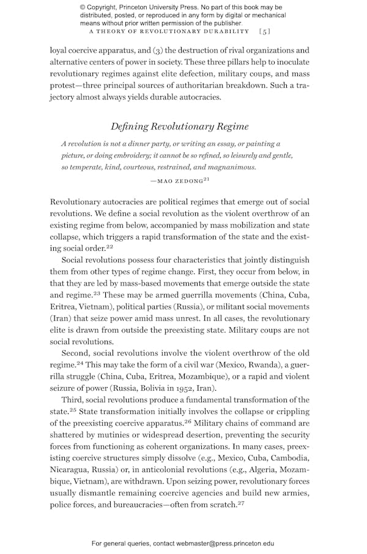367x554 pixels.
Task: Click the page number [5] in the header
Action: point(265,31)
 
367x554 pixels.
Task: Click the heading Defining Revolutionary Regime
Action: point(179,127)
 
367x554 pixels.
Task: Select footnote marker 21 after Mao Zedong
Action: point(206,178)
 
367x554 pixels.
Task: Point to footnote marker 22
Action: point(109,247)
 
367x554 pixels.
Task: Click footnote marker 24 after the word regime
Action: point(80,363)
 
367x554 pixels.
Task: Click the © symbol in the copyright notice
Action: point(83,7)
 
